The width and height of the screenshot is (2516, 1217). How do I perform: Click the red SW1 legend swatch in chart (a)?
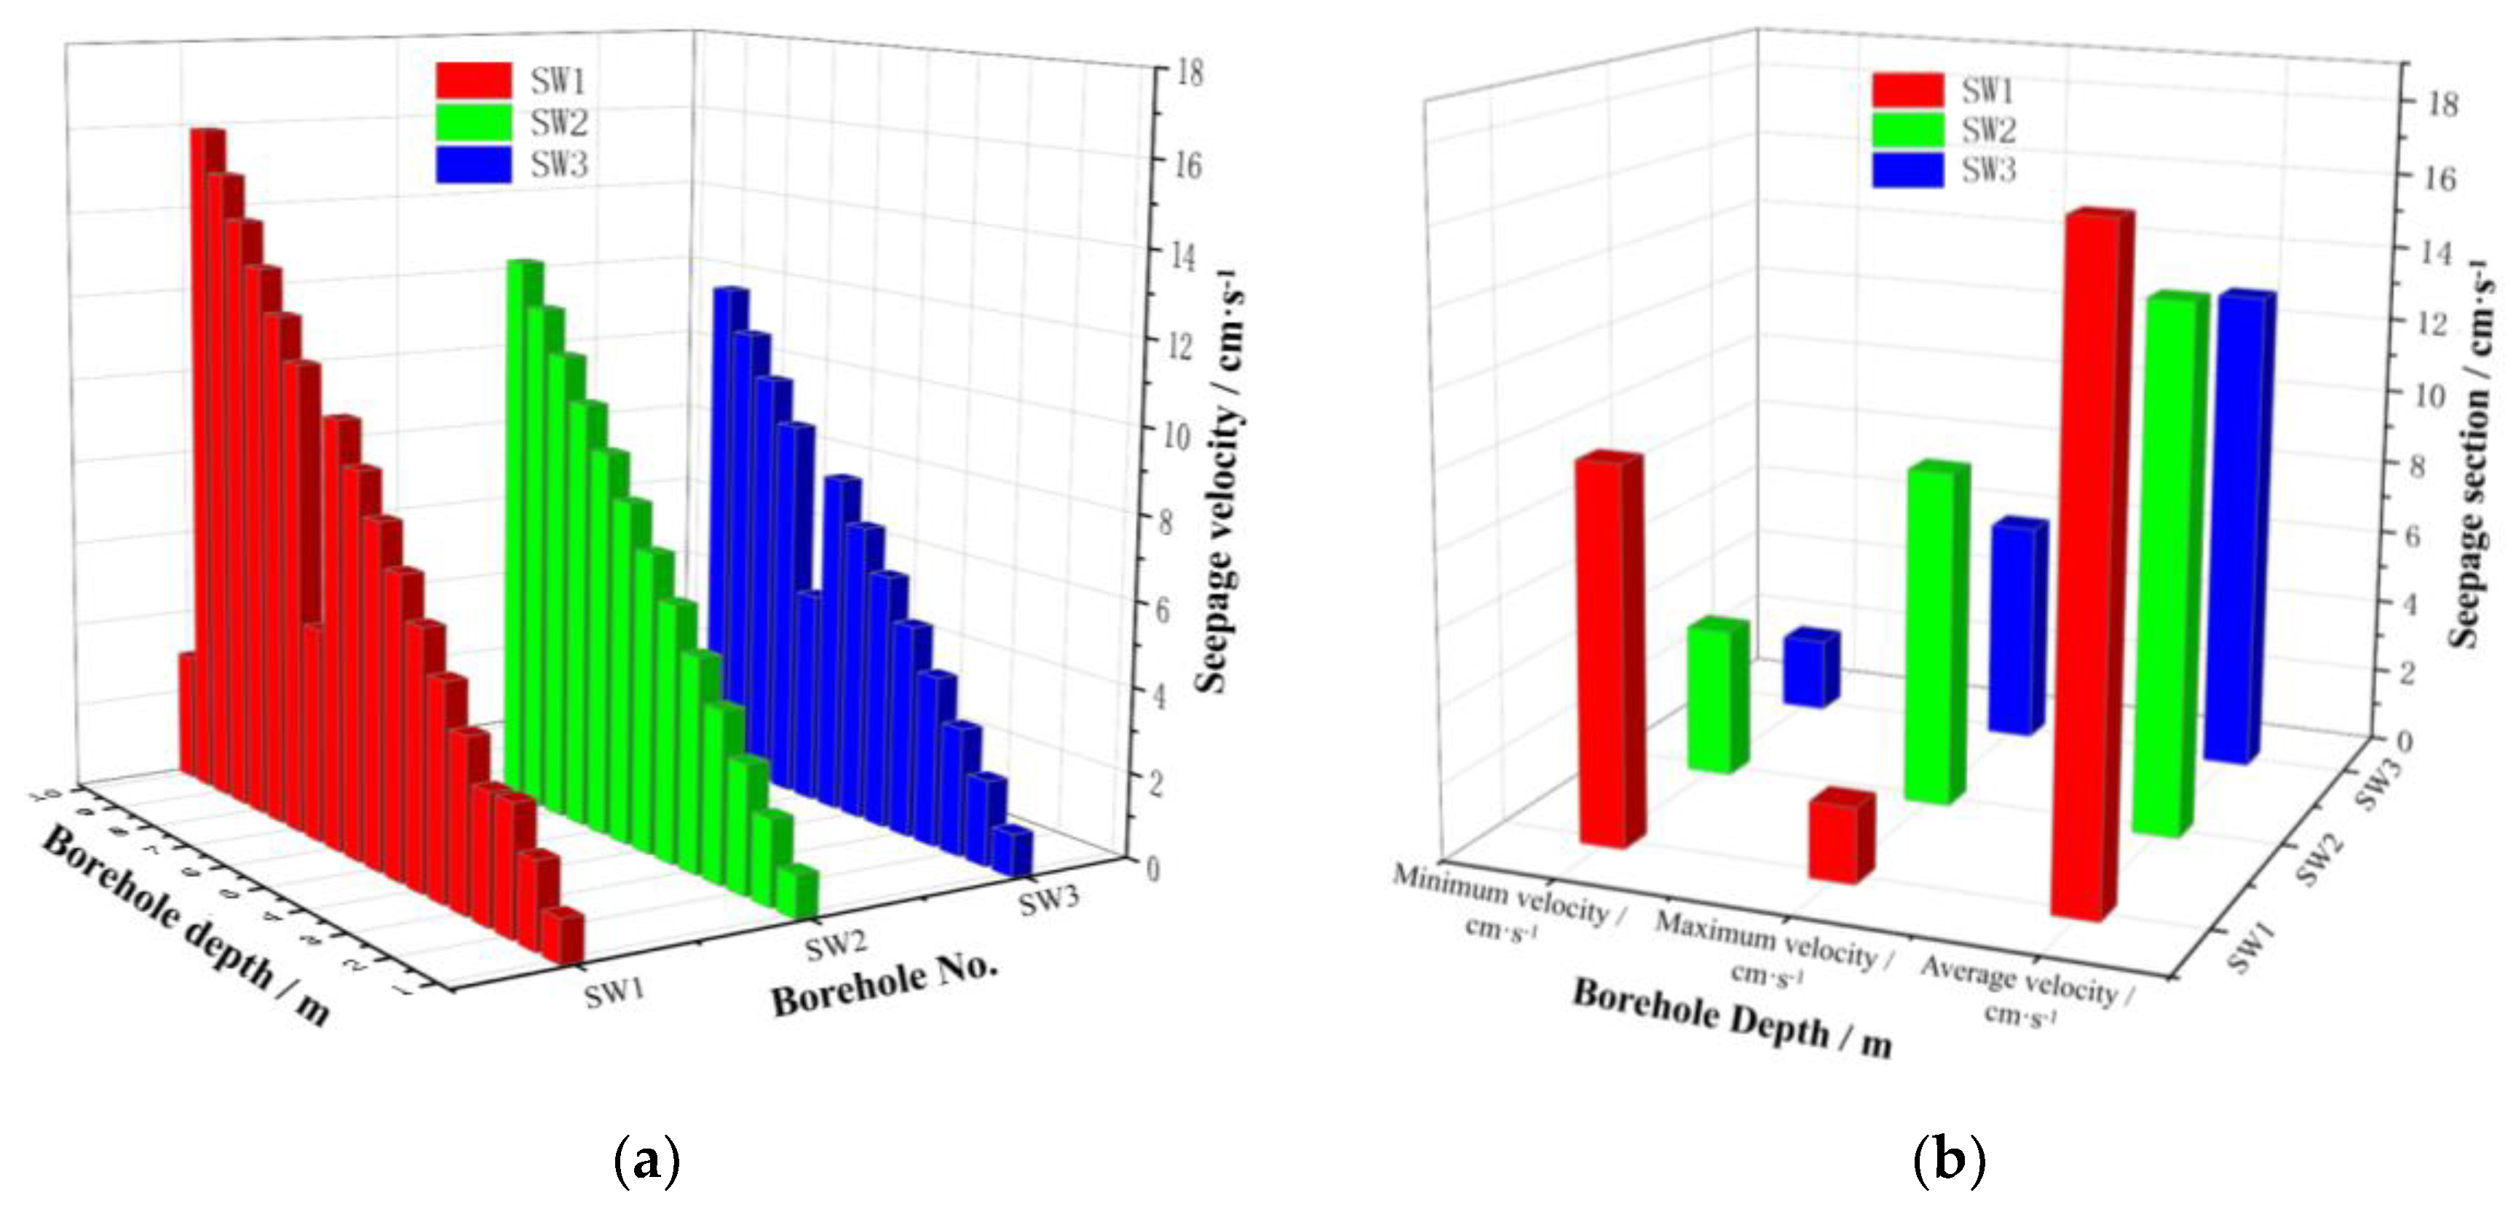(x=474, y=81)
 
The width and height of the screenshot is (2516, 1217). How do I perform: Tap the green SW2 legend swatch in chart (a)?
(x=474, y=123)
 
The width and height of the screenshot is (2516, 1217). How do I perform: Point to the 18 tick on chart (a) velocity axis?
(x=1187, y=74)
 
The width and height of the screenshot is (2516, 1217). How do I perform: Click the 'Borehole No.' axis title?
(x=884, y=985)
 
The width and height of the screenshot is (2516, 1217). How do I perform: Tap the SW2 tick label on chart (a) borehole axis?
(x=836, y=946)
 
